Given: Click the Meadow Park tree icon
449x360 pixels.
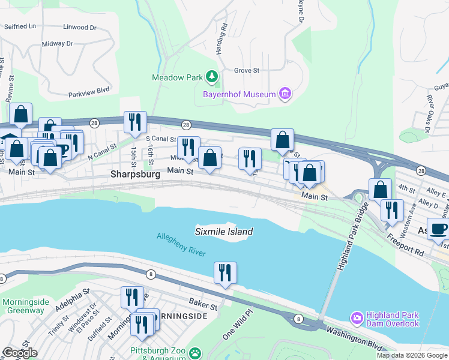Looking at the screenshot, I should point(211,76).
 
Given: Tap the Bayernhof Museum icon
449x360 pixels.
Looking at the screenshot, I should point(285,94).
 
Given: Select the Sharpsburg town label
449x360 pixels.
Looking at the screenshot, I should point(135,175).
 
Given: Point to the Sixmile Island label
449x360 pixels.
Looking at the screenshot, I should point(224,232).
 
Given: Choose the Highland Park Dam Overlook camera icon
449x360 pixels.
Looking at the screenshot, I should point(357,317).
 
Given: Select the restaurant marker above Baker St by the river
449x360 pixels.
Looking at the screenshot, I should point(225,272).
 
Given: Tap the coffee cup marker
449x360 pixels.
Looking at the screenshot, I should point(438,229).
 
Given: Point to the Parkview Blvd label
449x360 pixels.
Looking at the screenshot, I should point(89,90).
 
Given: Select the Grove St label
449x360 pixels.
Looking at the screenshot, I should point(246,70).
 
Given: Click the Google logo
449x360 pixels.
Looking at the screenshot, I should point(19,353).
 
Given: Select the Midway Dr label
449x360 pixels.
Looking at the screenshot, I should point(57,44).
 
